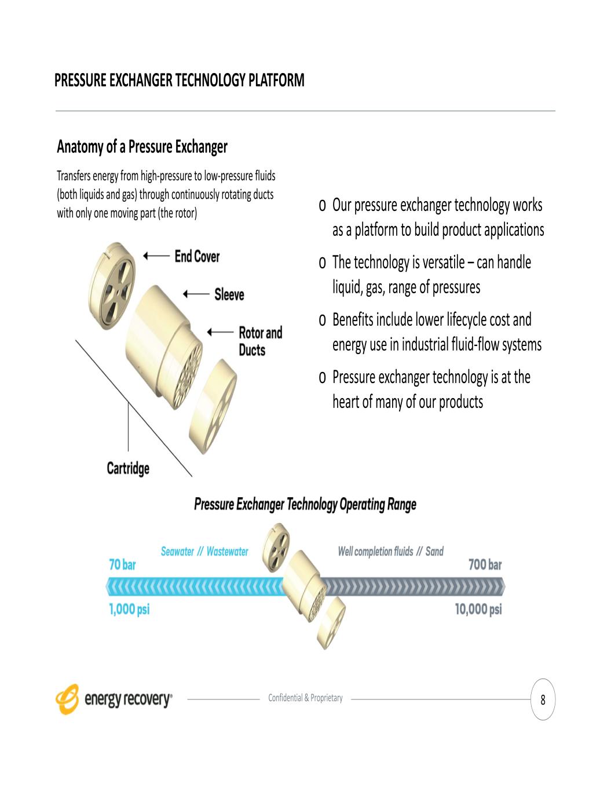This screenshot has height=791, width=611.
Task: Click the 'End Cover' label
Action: pos(197,256)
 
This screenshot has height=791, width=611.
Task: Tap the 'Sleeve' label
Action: pos(229,294)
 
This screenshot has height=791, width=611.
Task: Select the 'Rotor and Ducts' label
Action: pos(261,341)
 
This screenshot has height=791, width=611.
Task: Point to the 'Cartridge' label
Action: pos(128,468)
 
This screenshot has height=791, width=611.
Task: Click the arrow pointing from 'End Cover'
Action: pos(156,256)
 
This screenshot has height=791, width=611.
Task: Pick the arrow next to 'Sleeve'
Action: pos(196,294)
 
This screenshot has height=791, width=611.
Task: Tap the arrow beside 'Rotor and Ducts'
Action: pos(221,332)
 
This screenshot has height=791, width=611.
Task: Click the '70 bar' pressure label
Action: pos(123,564)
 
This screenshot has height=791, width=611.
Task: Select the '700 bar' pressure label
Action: pos(485,564)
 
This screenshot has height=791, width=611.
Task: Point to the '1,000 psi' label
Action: pos(130,609)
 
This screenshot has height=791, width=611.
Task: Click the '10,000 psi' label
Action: pos(478,609)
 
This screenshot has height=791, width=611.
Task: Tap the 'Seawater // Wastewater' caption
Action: pos(204,552)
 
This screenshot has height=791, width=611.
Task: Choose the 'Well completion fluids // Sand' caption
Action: pos(391,552)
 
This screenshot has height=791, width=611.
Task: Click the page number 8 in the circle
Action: pos(543,700)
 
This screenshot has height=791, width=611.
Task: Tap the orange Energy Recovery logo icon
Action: pos(67,699)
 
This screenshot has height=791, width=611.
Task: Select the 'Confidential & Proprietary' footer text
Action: pos(306,698)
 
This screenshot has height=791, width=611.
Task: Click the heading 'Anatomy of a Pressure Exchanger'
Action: pos(142,147)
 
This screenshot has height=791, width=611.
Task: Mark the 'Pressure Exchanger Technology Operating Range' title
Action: pos(305,505)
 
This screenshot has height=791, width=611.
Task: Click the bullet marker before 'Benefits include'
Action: pos(322,320)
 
